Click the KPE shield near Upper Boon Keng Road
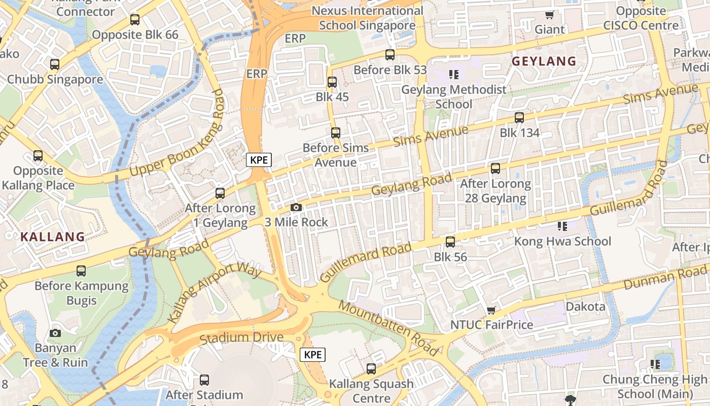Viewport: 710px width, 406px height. click(x=259, y=160)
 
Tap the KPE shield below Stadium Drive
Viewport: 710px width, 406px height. click(x=312, y=355)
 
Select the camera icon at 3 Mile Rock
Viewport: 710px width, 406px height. click(x=296, y=207)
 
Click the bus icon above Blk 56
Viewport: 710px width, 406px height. click(x=450, y=242)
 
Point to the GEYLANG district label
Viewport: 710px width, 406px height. click(x=544, y=61)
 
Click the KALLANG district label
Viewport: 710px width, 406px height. click(x=53, y=236)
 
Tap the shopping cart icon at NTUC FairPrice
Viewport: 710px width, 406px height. click(x=490, y=310)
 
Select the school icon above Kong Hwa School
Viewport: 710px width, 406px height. click(x=562, y=226)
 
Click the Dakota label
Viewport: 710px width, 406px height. click(x=585, y=307)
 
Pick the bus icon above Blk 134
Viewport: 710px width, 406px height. click(x=519, y=118)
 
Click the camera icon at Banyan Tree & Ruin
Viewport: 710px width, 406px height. click(x=55, y=333)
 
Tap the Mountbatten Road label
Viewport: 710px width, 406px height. click(x=388, y=328)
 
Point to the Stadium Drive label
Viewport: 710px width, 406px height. click(x=241, y=338)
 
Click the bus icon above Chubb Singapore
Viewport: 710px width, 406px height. click(x=54, y=64)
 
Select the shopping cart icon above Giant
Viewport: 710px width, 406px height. click(x=549, y=15)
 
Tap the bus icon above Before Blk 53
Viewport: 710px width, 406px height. click(x=389, y=55)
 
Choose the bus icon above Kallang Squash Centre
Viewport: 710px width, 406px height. click(x=371, y=369)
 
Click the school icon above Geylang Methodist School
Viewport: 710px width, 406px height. click(x=453, y=75)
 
